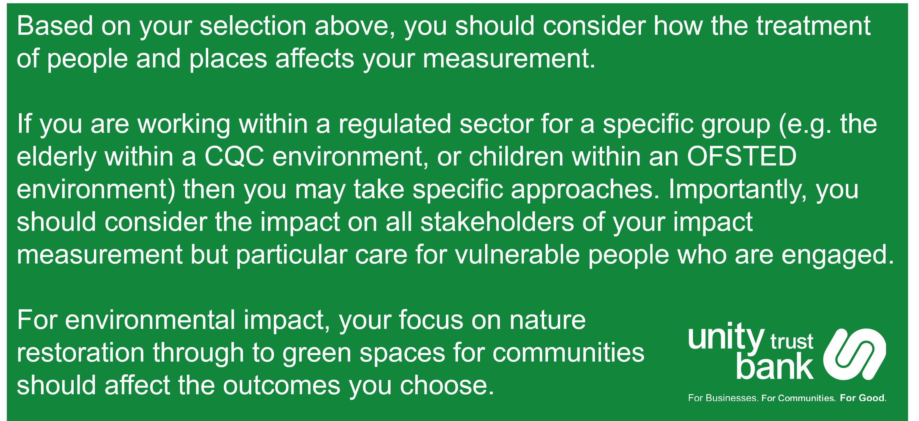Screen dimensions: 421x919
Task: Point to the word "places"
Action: pos(228,59)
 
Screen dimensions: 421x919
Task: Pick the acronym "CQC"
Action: pos(234,157)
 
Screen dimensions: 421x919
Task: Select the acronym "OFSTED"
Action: pos(741,157)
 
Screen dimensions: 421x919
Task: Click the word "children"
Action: pos(516,157)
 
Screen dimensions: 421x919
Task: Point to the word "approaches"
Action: pos(585,190)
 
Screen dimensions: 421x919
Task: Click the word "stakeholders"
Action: pos(497,222)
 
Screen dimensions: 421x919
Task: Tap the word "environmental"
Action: pos(150,320)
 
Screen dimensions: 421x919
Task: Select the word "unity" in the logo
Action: pos(726,338)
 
